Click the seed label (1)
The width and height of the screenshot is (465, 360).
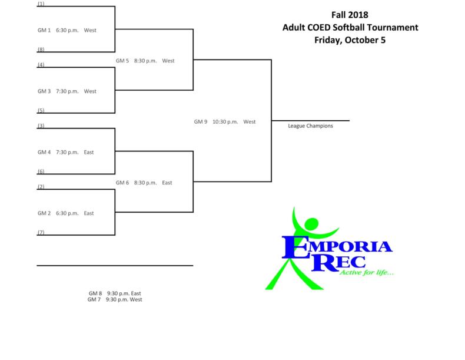coord(40,4)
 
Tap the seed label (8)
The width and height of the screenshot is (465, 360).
coord(40,50)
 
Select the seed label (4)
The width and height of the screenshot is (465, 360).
coord(40,64)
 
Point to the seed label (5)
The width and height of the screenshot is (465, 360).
coord(40,111)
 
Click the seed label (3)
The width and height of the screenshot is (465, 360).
coord(40,126)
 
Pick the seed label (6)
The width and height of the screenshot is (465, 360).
coord(40,171)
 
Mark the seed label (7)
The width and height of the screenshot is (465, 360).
coord(40,233)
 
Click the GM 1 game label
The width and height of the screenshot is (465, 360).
coord(45,30)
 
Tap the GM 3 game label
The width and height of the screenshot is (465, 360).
coord(45,91)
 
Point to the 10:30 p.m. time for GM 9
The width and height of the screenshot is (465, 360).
coord(224,122)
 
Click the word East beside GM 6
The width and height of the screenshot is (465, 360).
coord(167,183)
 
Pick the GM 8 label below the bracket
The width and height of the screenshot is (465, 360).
coord(95,293)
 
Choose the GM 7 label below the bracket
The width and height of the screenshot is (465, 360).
coord(94,299)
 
